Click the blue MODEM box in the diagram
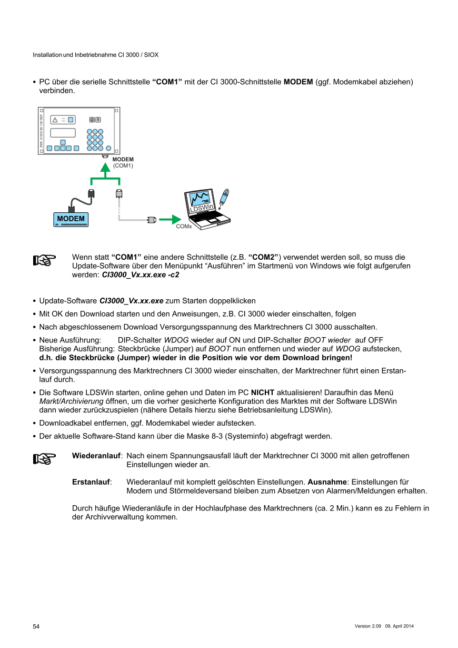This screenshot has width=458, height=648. click(x=71, y=219)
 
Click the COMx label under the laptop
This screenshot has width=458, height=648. click(x=183, y=227)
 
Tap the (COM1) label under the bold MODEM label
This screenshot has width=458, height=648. click(x=123, y=165)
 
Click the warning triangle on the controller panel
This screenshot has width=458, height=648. click(x=55, y=120)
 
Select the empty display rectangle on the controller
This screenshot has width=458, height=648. click(x=63, y=133)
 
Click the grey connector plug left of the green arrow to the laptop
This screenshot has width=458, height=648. click(x=152, y=219)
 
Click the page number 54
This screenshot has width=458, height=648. click(x=36, y=626)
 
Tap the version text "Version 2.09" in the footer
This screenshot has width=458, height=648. click(x=367, y=626)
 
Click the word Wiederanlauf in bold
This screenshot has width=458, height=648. click(x=96, y=456)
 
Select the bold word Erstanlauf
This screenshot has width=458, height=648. click(x=91, y=482)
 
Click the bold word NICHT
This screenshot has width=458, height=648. click(x=262, y=393)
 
